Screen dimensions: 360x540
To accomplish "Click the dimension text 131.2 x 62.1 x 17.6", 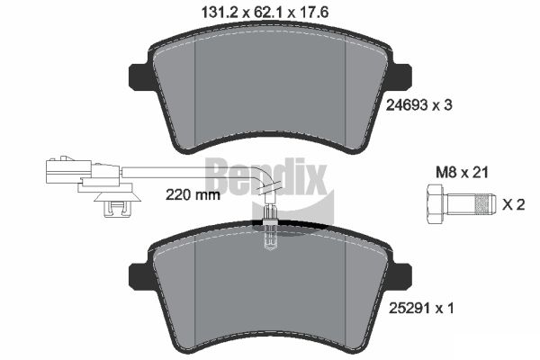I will [269, 13].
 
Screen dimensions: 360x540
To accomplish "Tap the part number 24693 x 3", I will [418, 105].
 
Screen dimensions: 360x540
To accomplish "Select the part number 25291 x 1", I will [418, 309].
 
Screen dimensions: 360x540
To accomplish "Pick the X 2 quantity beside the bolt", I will [512, 205].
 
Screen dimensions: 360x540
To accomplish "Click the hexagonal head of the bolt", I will [432, 204].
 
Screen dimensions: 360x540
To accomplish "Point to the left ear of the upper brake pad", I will [140, 76].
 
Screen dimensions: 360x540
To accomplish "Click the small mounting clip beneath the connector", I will [113, 208].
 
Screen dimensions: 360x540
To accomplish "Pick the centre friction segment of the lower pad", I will [269, 297].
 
